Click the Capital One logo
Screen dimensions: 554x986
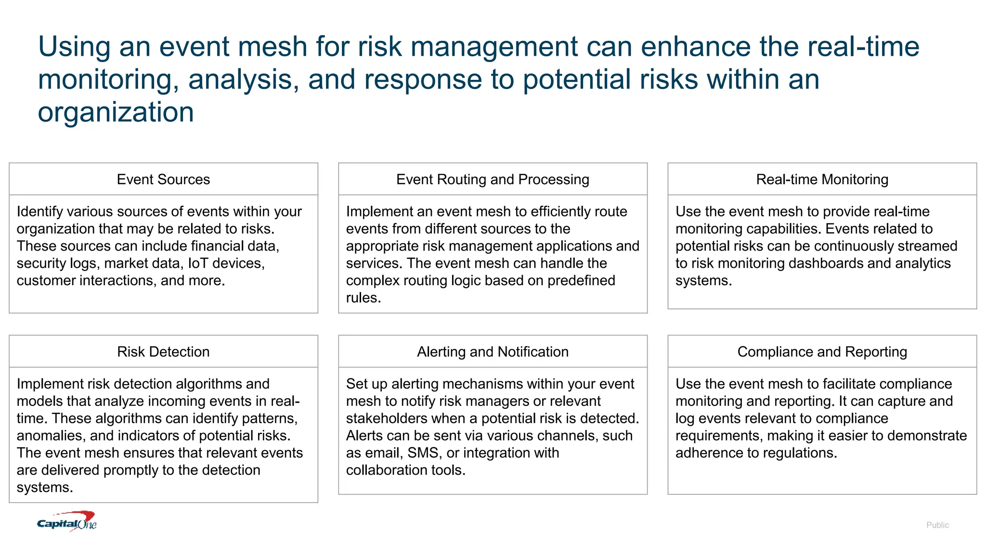(67, 522)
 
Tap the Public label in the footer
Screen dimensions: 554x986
(937, 525)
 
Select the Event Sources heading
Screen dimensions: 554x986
(163, 179)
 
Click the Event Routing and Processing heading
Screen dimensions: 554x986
(493, 179)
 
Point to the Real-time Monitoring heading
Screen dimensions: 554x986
(822, 179)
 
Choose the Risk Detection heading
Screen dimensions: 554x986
(163, 352)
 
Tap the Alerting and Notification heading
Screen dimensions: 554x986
(493, 352)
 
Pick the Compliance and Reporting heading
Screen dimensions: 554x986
(822, 352)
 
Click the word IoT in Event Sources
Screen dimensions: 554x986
(198, 263)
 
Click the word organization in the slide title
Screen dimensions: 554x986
(116, 112)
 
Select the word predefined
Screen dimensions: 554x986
(581, 280)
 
